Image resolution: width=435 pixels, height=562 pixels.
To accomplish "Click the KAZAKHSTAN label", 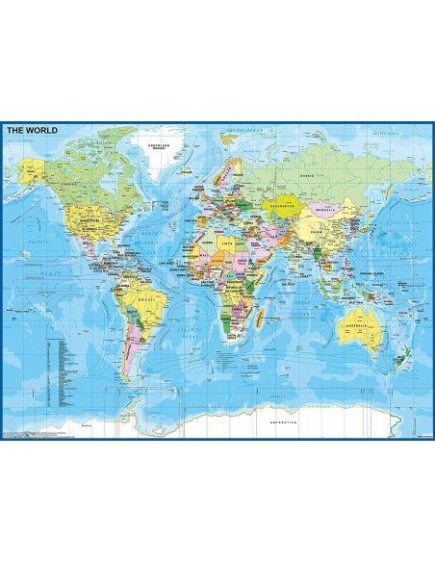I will pos(282,207).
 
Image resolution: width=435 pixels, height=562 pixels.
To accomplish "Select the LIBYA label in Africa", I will pos(228,249).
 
